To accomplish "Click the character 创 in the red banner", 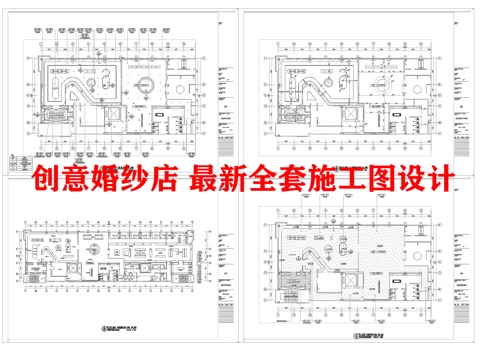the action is pyautogui.click(x=46, y=180).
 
